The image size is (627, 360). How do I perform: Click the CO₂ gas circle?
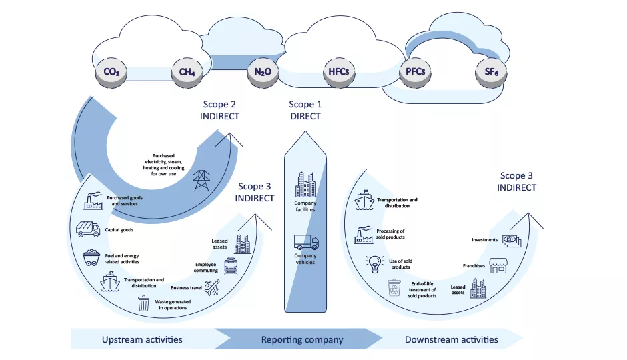(111, 73)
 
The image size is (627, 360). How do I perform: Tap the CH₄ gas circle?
(187, 73)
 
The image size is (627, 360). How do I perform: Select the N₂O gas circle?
(263, 73)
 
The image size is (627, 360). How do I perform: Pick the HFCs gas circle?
(339, 73)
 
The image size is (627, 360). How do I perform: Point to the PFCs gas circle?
(415, 73)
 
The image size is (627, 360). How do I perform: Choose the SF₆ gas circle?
(491, 73)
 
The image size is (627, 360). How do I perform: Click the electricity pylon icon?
(201, 181)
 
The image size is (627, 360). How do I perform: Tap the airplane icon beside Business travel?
(212, 288)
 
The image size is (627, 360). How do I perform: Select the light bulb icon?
(375, 264)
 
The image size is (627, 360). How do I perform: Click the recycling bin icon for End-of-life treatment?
(394, 288)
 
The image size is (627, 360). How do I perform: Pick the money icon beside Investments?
(512, 241)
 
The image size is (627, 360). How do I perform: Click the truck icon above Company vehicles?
(306, 242)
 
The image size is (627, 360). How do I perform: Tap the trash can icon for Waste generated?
(143, 303)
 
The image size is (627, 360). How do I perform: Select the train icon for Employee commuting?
(231, 266)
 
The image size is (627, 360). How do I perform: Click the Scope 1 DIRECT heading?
(305, 110)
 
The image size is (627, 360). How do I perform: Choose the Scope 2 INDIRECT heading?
(219, 110)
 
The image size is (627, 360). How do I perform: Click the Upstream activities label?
(142, 339)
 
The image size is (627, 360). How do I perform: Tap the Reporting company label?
(302, 339)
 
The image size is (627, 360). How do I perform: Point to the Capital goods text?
(119, 230)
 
